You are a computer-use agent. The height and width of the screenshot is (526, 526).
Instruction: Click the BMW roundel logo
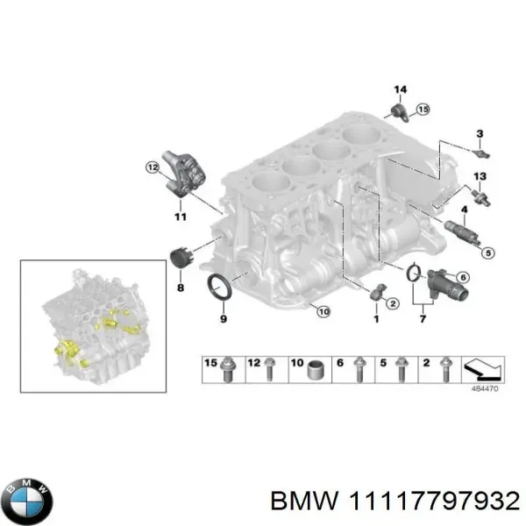coord(29,501)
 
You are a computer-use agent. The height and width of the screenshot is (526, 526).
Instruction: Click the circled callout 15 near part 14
coord(423,110)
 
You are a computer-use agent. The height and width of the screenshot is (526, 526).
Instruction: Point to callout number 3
coord(479,133)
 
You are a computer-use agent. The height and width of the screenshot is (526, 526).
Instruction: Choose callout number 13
coord(478,177)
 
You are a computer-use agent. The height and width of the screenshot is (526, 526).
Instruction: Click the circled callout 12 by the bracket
coord(152,167)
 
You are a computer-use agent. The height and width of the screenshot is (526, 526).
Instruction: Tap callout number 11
coord(180,216)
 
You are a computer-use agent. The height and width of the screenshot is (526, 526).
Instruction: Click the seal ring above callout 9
coord(217,285)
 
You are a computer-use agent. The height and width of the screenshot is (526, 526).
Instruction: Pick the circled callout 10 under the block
coord(321,310)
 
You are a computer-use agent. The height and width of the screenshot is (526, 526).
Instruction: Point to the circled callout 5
coord(487,252)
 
